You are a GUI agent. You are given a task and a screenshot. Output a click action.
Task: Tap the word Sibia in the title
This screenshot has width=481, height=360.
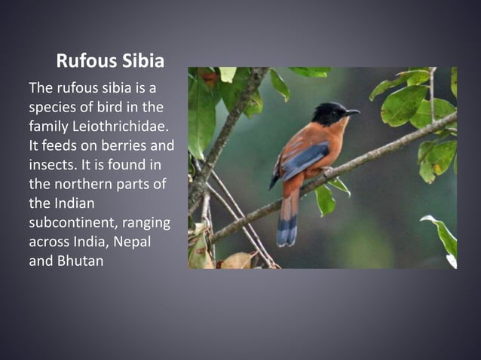click(141, 60)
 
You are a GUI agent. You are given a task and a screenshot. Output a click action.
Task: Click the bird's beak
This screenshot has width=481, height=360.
click(352, 112)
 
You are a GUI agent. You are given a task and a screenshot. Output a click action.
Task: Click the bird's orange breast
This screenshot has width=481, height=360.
click(332, 143)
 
